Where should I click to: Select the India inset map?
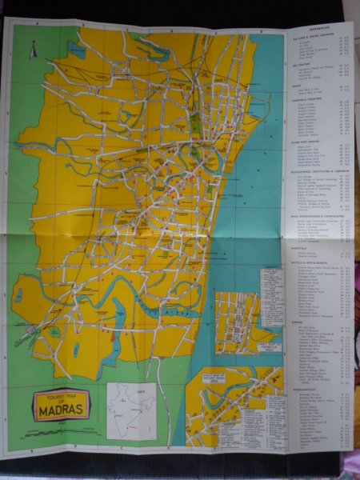click(131, 410)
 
